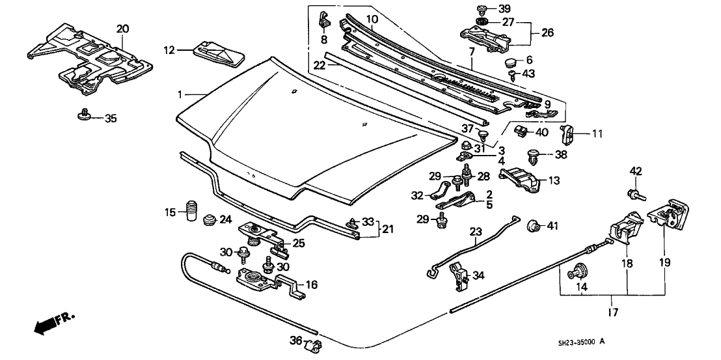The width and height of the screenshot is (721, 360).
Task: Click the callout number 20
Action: coord(123,29)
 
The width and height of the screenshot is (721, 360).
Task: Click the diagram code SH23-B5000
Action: coord(569,342)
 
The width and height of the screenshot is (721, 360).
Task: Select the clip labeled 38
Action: coord(534,156)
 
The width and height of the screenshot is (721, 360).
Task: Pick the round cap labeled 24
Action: coord(210,219)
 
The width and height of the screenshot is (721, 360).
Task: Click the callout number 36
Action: coord(295,340)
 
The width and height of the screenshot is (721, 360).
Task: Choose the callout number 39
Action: coord(504,8)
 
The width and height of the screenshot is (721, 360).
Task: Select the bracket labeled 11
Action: coord(566,135)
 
